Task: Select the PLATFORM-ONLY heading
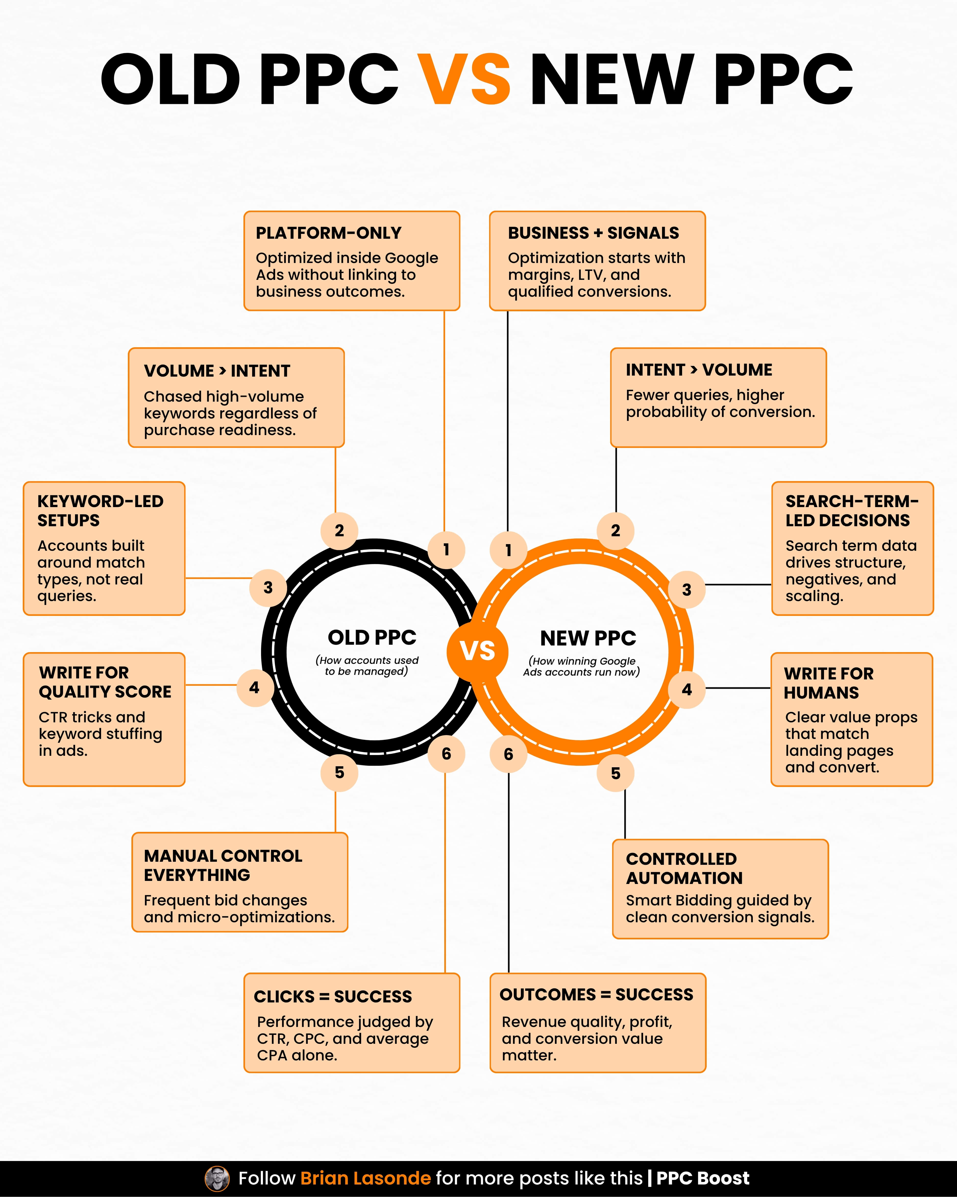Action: coord(328,233)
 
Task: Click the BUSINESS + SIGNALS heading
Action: coord(593,233)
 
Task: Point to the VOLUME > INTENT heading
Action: coord(217,371)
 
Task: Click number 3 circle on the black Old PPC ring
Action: coord(268,588)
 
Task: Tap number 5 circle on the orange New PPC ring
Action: coord(615,773)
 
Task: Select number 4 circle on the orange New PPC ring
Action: coord(687,690)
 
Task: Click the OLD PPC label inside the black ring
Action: coord(372,637)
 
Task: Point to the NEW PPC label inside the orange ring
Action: coord(588,639)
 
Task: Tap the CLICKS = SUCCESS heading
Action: coord(333,997)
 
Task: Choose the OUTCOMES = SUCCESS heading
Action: coord(596,994)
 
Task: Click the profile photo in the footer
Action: coord(217,1178)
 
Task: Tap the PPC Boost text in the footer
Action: coord(702,1178)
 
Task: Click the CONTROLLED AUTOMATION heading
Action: coord(684,868)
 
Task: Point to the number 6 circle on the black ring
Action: coord(446,754)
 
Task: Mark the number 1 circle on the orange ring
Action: coord(508,550)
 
